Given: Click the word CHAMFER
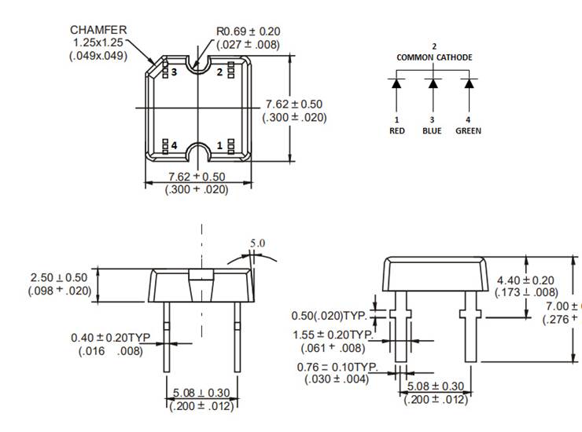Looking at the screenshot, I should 98,30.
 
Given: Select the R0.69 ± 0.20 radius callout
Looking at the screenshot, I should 248,31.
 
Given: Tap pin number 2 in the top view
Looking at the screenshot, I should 220,71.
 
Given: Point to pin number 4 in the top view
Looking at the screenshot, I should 174,145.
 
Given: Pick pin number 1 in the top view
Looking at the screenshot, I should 220,145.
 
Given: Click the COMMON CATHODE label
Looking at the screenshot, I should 434,57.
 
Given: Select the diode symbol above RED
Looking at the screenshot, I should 397,82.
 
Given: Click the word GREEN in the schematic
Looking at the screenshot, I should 468,130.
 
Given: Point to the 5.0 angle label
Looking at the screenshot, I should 258,243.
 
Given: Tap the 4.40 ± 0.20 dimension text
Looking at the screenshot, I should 526,280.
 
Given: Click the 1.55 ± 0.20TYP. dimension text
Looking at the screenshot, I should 338,334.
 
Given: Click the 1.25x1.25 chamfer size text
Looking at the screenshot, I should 98,42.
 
